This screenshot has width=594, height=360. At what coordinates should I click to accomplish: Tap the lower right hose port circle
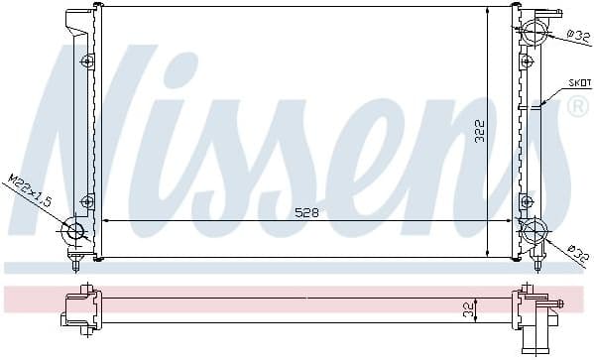pyautogui.click(x=534, y=233)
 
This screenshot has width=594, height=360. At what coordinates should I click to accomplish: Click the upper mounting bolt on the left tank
pyautogui.click(x=88, y=61)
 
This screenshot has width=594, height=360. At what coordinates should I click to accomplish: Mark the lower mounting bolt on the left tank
pyautogui.click(x=88, y=201)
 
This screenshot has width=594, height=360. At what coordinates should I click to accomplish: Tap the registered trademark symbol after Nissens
pyautogui.click(x=577, y=107)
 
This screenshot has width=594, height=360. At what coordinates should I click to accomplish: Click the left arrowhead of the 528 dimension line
pyautogui.click(x=106, y=221)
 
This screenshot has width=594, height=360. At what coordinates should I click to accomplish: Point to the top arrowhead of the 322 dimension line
pyautogui.click(x=488, y=11)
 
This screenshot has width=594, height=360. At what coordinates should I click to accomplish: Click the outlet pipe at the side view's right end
pyautogui.click(x=558, y=303)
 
